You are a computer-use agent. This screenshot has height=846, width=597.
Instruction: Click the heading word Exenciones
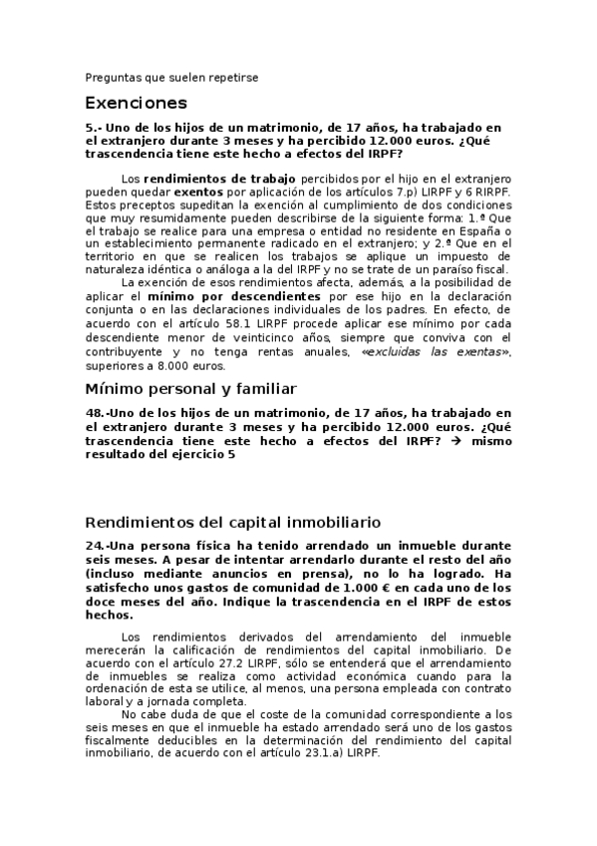click(x=136, y=103)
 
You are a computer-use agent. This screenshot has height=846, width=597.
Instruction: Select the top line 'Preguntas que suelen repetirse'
click(x=171, y=76)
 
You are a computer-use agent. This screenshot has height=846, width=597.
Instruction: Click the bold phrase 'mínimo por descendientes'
click(x=234, y=296)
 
